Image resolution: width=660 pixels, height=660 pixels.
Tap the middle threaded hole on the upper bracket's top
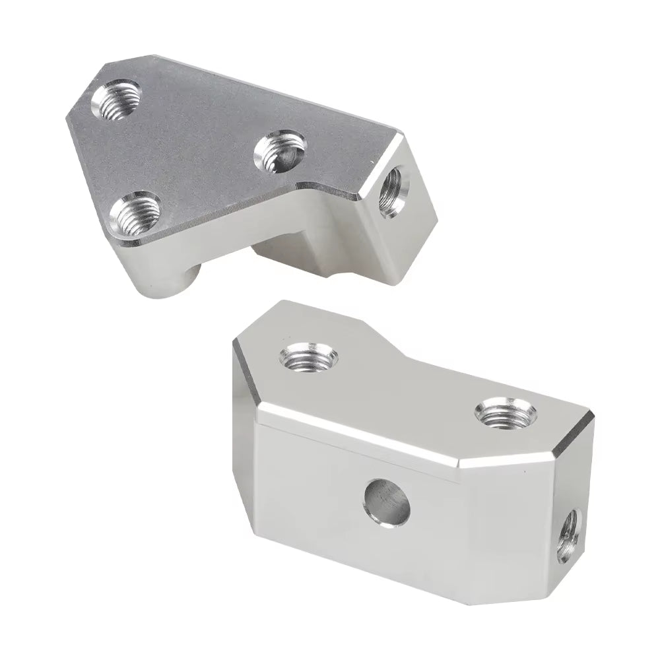point(279,150)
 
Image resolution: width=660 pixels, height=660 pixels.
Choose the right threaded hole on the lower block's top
point(505,414)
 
